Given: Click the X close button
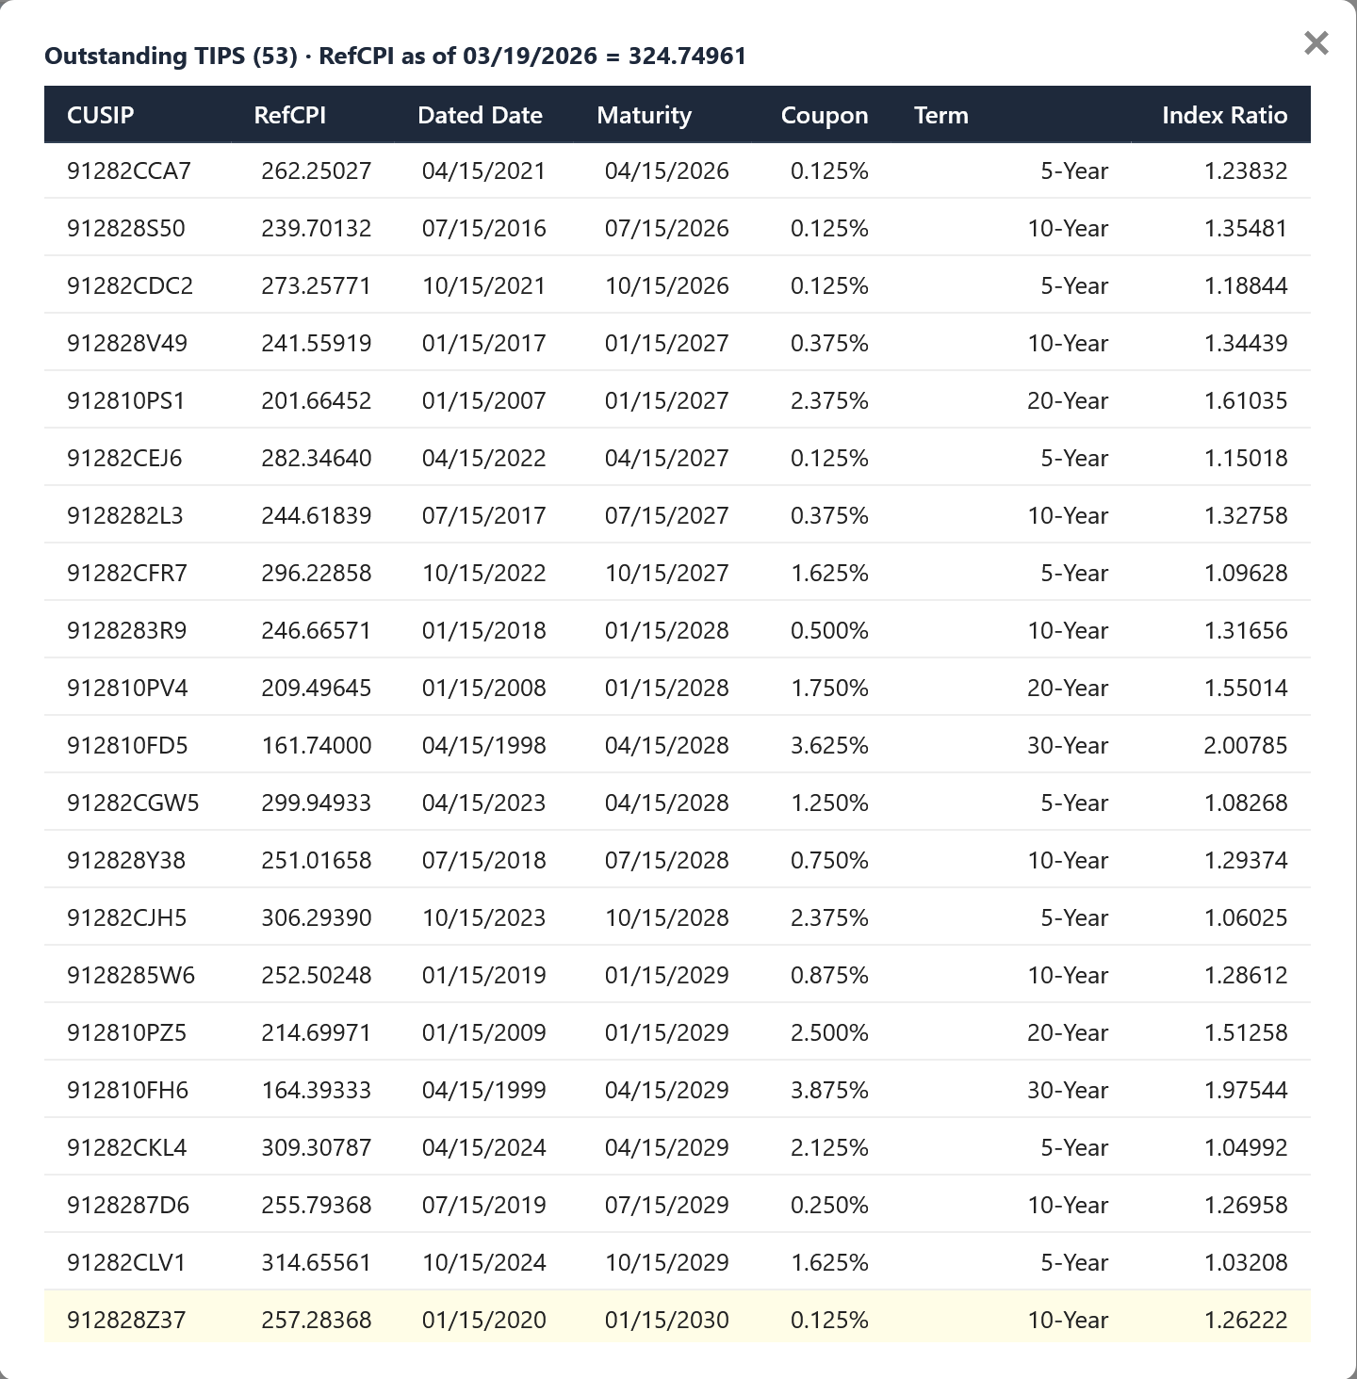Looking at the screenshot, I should [1316, 43].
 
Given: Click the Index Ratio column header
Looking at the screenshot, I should [1224, 115].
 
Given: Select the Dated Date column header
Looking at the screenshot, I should [480, 115].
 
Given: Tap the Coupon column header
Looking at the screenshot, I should [825, 115].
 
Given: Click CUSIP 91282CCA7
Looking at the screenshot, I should [129, 170].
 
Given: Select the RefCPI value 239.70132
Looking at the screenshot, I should [317, 228].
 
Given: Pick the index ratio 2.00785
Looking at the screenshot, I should [1245, 745].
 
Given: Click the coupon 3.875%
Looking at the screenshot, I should [829, 1090].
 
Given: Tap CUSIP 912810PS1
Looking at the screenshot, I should [126, 400].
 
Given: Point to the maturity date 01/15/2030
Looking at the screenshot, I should [666, 1320].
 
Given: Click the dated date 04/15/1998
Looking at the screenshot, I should [483, 745].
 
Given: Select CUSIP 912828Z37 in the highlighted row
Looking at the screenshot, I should [126, 1320].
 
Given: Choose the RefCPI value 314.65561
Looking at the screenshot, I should [317, 1262].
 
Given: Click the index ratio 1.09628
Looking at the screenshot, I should [1245, 573].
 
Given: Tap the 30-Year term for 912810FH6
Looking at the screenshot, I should [1068, 1090].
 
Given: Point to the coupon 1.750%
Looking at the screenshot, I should [829, 688].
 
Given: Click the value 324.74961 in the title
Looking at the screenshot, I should [687, 56].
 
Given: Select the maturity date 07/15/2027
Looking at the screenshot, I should [666, 515].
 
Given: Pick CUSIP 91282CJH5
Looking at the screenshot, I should [127, 917].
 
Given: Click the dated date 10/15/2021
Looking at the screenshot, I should [483, 285].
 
